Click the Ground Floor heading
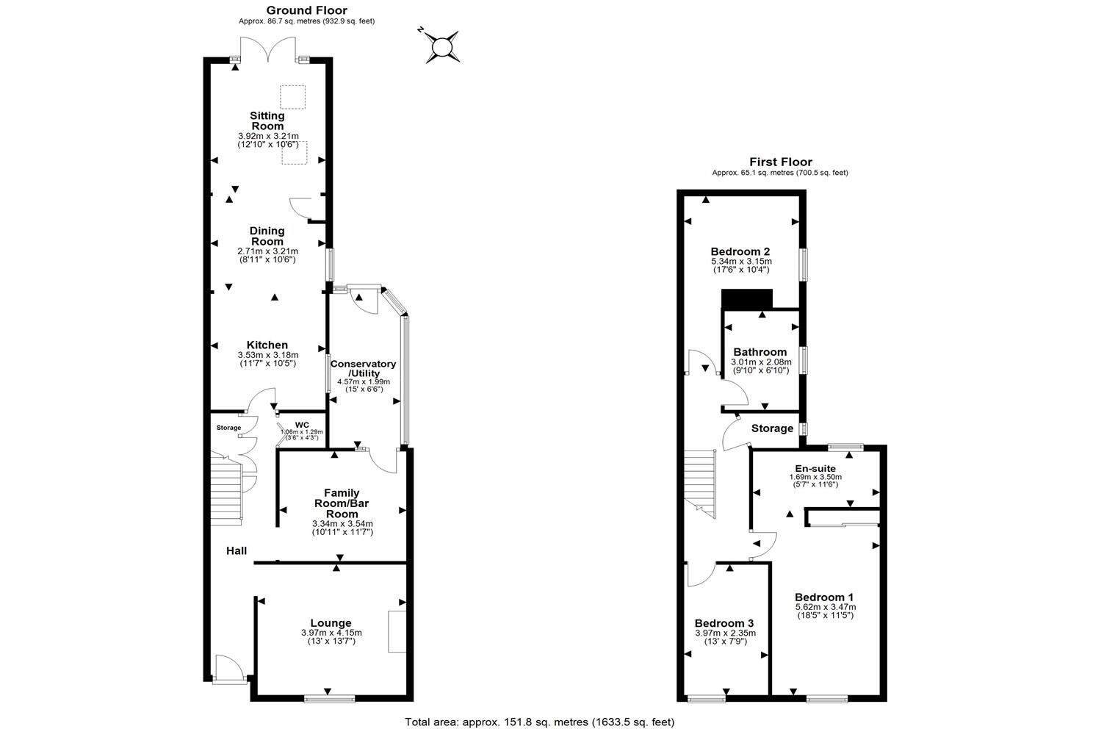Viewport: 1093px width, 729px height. coord(306,10)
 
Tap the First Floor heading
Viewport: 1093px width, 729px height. coord(781,162)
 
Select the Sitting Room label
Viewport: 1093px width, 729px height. coord(267,121)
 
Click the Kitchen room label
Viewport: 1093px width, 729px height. coord(267,345)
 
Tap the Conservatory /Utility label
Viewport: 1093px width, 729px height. coord(363,368)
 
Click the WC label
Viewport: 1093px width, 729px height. coord(302,425)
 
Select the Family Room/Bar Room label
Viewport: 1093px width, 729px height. coord(342,503)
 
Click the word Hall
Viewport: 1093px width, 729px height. coord(236,550)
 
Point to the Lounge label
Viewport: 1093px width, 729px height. coord(331,622)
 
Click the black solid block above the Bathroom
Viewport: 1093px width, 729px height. coord(747,299)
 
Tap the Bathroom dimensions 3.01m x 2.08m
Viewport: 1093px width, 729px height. coord(761,362)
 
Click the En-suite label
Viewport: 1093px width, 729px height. coord(815,468)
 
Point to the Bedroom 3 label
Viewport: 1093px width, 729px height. coord(725,622)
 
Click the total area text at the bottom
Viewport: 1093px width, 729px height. coord(540,722)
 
